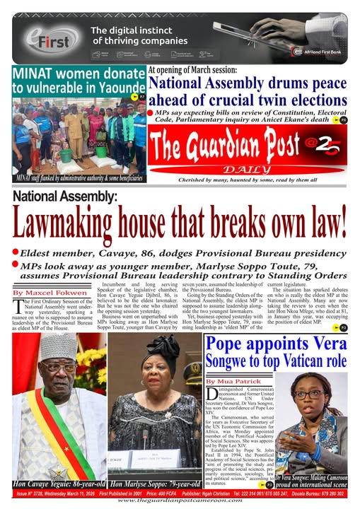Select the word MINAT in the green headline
click(35, 74)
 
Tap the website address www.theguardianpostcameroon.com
click(180, 501)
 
